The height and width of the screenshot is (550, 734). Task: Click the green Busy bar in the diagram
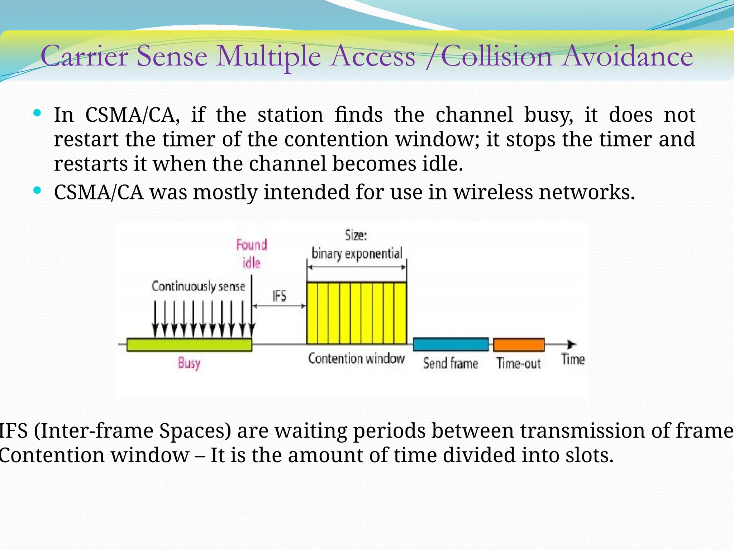coord(189,344)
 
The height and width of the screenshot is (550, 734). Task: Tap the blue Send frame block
coord(451,344)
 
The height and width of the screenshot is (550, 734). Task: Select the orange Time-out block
coord(519,345)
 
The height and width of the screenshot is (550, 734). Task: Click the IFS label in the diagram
coord(279,296)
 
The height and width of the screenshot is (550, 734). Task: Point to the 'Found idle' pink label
coord(252,254)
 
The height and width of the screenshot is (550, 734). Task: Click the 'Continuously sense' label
coord(198,286)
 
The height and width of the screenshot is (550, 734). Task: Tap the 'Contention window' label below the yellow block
coord(356,358)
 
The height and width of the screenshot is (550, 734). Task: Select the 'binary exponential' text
coord(357,254)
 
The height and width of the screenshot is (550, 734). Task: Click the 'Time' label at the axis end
coord(573,359)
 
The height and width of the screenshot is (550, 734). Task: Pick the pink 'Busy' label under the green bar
coord(189,363)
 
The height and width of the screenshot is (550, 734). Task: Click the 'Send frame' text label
coord(451,363)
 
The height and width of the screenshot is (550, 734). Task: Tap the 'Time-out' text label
coord(518,363)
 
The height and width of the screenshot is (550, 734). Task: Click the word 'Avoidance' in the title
coord(627,57)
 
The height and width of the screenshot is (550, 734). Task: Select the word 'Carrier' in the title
coord(85,57)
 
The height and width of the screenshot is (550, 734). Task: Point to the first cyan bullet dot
coord(37,114)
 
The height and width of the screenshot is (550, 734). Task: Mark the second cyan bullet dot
coord(37,190)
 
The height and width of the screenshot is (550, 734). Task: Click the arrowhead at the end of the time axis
coord(572,344)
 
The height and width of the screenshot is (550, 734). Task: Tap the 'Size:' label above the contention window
coord(356,235)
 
